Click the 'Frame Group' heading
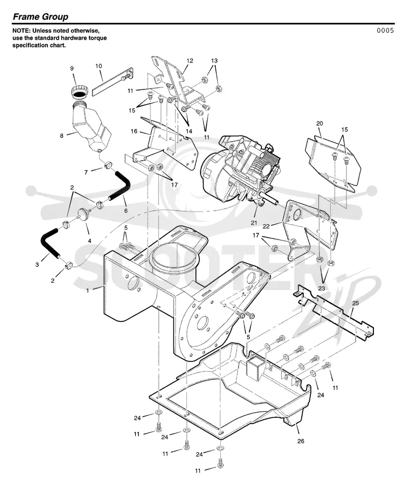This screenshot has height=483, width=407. [x=40, y=17]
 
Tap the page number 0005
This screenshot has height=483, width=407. [x=385, y=30]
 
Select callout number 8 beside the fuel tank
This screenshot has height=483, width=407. [x=62, y=136]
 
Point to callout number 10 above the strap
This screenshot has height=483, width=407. [x=99, y=66]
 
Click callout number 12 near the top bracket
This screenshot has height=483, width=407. [x=190, y=61]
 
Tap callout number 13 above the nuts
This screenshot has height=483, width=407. [x=214, y=61]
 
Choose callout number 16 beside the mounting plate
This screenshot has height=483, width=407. [x=134, y=131]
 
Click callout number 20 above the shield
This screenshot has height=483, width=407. [x=319, y=123]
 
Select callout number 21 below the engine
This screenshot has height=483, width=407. [x=254, y=223]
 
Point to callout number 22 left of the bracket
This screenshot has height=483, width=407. [x=266, y=226]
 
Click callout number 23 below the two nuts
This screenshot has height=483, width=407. [x=322, y=288]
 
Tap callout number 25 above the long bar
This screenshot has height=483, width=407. [x=356, y=303]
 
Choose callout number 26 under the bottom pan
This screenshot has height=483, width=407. [x=301, y=441]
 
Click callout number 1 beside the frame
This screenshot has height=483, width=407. [x=88, y=290]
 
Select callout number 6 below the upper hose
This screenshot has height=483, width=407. [x=126, y=211]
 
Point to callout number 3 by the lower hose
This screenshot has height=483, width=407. [x=37, y=264]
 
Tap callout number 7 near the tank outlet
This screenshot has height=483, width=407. [x=86, y=172]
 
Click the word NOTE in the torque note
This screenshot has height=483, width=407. [x=21, y=31]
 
